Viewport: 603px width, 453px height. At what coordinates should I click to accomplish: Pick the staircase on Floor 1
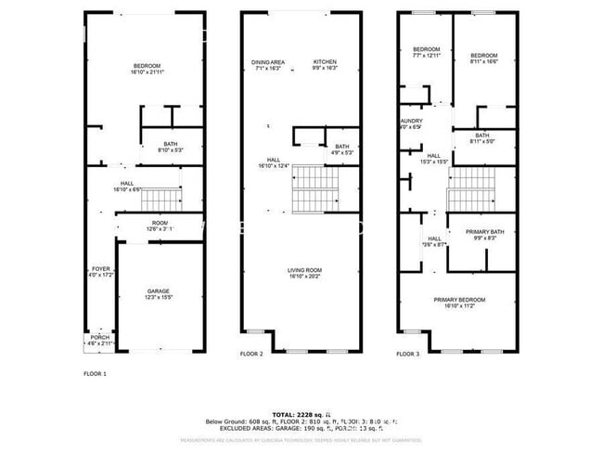click(x=164, y=198)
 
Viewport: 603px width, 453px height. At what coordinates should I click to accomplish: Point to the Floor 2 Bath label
click(x=342, y=149)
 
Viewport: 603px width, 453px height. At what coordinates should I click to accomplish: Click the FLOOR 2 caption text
click(x=251, y=355)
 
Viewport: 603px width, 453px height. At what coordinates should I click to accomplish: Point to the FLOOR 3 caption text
click(x=407, y=355)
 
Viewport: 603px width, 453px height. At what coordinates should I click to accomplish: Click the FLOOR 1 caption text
click(x=95, y=373)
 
